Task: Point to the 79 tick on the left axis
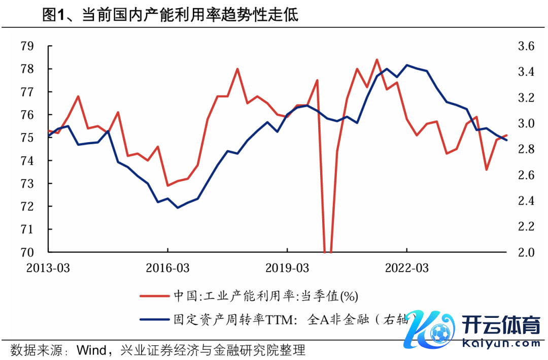pos(27,46)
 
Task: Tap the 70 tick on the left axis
pos(27,252)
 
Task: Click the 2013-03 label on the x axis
pos(48,268)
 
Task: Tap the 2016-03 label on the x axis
pos(167,268)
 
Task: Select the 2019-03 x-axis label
pos(287,268)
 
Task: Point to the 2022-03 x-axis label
pos(407,268)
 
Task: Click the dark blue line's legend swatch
pos(153,319)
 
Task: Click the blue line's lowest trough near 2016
pos(178,208)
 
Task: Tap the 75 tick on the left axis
pos(27,138)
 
